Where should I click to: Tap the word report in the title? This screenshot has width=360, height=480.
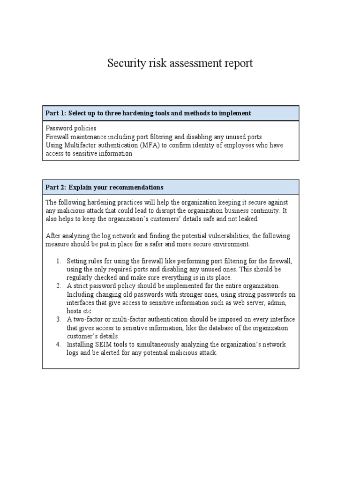coord(237,63)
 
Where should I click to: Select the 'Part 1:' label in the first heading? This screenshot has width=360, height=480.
coord(56,113)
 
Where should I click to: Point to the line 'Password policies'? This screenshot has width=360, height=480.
coord(71,128)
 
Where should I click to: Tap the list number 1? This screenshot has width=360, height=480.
coord(59,261)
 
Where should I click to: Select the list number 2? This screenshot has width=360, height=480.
coord(59,285)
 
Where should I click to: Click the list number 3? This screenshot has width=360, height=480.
coord(59,319)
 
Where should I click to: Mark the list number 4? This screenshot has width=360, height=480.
coord(59,345)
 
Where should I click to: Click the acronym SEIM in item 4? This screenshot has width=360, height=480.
coord(101,345)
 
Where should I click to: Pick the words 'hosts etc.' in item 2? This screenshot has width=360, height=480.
coord(80,311)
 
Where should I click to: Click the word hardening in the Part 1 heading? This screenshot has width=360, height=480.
coord(147,113)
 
